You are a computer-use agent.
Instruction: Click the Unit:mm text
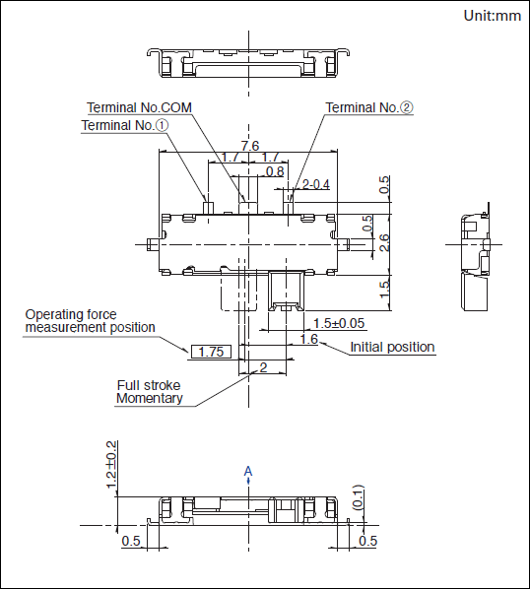(x=492, y=16)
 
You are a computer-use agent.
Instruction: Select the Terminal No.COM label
(x=139, y=107)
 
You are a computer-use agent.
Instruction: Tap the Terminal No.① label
(x=125, y=125)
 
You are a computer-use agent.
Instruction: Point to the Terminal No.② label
(x=369, y=107)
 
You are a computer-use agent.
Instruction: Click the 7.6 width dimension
(x=250, y=146)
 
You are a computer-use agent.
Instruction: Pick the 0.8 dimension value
(x=275, y=171)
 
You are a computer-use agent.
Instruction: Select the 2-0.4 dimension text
(x=316, y=184)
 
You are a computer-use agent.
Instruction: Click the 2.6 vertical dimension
(x=384, y=242)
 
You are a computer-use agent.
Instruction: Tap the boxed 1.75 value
(x=211, y=352)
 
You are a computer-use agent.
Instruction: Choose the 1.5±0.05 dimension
(x=339, y=323)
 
